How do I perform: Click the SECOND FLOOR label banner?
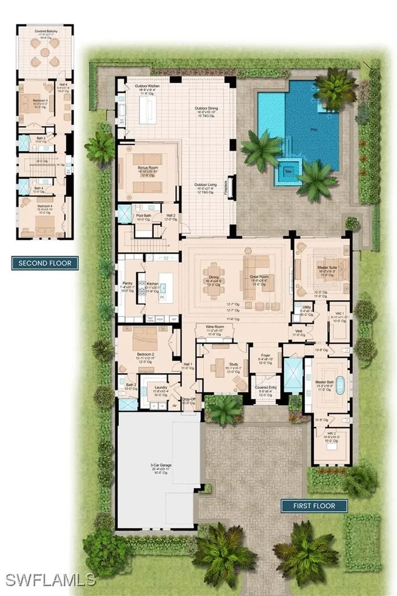point(45,263)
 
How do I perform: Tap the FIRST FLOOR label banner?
point(314,506)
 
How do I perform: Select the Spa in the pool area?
point(288,172)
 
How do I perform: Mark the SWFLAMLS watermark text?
point(51,579)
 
